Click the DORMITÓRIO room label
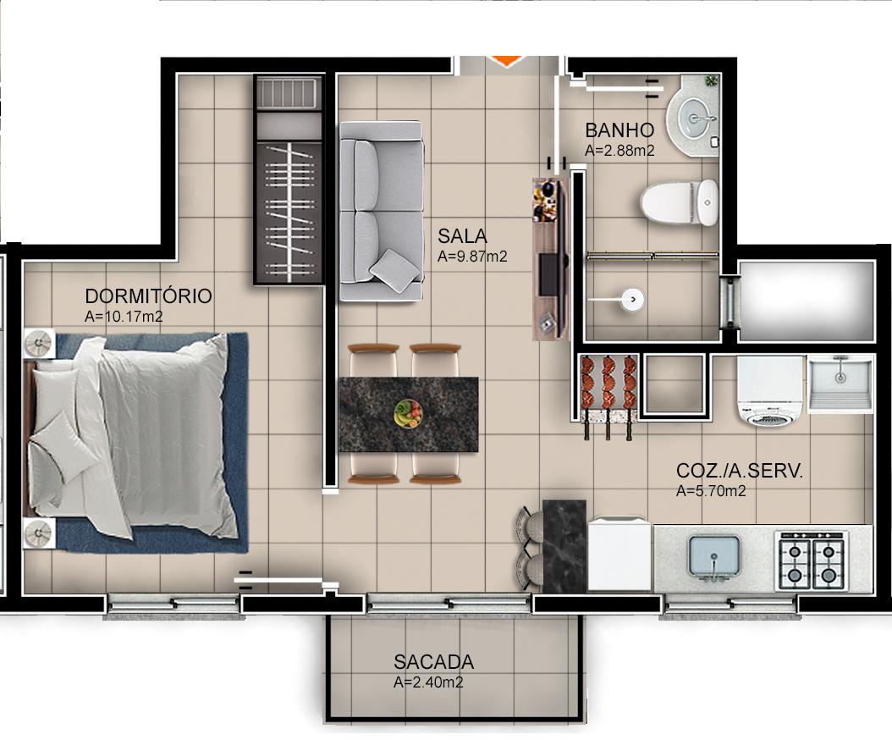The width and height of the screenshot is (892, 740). pos(148,296)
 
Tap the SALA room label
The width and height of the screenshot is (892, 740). pos(462,235)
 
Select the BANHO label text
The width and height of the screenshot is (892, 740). pos(619,130)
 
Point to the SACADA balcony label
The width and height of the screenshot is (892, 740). pos(433,662)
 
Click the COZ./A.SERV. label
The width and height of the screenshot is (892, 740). pos(739,471)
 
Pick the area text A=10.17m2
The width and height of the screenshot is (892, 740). pos(124,318)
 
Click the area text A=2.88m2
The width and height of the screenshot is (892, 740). pos(620,150)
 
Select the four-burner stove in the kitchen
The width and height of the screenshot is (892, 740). pos(812,561)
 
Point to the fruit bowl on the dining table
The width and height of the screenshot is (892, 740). pos(408,413)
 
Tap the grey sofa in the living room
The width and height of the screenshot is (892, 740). pos(381,210)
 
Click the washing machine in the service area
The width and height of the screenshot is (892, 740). pos(769,389)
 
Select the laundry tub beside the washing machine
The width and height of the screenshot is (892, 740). pos(840,383)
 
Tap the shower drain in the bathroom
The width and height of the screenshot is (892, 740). pos(631,298)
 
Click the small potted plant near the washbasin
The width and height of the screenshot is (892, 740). pos(711,81)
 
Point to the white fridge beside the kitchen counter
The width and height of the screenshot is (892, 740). pos(620,555)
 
